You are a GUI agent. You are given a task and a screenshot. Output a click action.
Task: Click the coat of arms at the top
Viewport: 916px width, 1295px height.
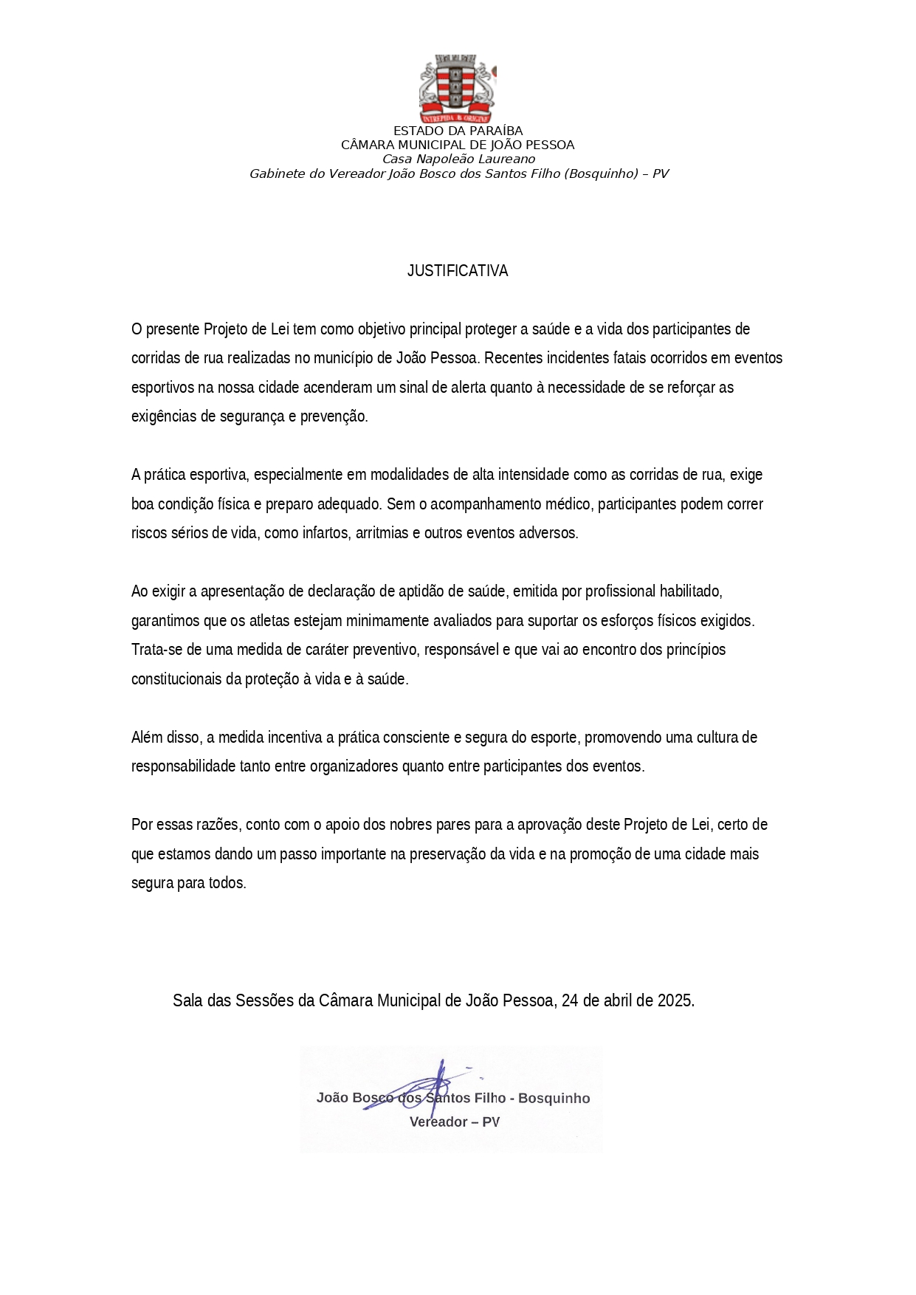point(458,89)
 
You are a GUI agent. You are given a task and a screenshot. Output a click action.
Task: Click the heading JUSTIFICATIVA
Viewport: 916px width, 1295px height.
point(458,271)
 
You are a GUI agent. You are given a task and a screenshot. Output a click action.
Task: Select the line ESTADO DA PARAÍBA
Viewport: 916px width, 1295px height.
point(458,131)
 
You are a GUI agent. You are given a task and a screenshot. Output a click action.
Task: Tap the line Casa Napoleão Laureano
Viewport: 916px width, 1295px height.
point(458,159)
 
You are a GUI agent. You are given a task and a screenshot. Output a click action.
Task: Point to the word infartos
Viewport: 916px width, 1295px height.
point(326,533)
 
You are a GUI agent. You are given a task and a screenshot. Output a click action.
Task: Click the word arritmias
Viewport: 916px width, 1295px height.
point(382,533)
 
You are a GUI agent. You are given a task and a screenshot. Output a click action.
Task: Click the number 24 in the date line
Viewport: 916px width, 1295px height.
point(571,1000)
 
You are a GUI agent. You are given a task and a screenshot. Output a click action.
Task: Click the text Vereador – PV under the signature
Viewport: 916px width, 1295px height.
point(455,1122)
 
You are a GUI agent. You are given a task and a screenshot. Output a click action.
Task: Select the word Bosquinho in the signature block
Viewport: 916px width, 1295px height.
point(554,1099)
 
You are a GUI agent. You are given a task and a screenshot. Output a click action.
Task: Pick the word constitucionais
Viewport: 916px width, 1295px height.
point(176,679)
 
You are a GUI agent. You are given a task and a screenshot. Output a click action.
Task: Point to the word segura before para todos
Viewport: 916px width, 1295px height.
point(153,883)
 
